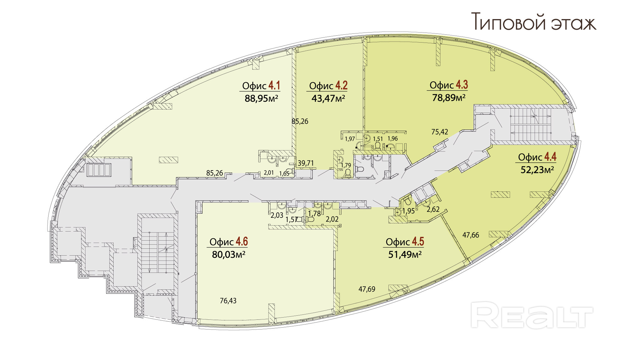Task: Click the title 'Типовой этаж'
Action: tap(533, 22)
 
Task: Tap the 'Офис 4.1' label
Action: tap(261, 86)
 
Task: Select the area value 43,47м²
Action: tap(328, 99)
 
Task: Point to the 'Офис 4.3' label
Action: tap(448, 85)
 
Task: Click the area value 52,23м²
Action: tap(537, 170)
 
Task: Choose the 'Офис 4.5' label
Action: tap(404, 242)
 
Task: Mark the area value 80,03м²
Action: tap(228, 255)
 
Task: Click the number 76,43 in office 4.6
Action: tap(228, 301)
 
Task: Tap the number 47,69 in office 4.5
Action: tap(367, 289)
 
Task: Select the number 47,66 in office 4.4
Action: tap(471, 235)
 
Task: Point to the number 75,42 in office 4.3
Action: tap(439, 132)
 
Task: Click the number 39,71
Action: tap(305, 163)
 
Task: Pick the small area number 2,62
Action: tap(433, 210)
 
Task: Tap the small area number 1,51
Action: tap(378, 139)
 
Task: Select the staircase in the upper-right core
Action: tap(531, 125)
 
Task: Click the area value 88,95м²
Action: tap(261, 99)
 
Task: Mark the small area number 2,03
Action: tap(277, 215)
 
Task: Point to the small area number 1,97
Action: tap(350, 139)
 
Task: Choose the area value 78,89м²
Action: tap(449, 98)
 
